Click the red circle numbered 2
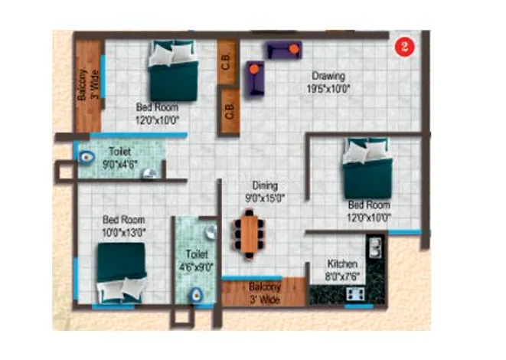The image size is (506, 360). pos(404,47)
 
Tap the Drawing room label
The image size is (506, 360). pos(328,76)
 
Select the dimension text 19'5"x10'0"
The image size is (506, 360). pos(328,89)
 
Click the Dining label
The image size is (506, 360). pos(265,185)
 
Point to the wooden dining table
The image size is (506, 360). pos(249,234)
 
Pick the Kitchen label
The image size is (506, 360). pos(342,263)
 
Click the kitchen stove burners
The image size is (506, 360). pos(355,293)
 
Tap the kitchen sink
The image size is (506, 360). pos(375,247)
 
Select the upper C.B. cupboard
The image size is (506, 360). pos(227,61)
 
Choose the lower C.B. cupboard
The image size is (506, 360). pos(229,111)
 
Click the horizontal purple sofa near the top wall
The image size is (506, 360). pos(284,50)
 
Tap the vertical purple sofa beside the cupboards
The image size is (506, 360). pos(255,78)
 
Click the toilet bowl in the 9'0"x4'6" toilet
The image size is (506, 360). pos(87,158)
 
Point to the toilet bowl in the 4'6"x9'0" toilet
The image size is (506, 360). pos(196,294)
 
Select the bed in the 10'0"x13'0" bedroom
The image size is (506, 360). pos(122,273)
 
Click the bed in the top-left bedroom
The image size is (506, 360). pos(173,70)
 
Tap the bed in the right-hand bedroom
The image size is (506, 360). pos(367,168)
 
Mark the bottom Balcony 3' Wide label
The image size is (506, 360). pos(265,293)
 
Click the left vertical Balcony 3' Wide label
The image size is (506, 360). pos(88,84)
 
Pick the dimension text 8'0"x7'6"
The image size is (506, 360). pos(342,277)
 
